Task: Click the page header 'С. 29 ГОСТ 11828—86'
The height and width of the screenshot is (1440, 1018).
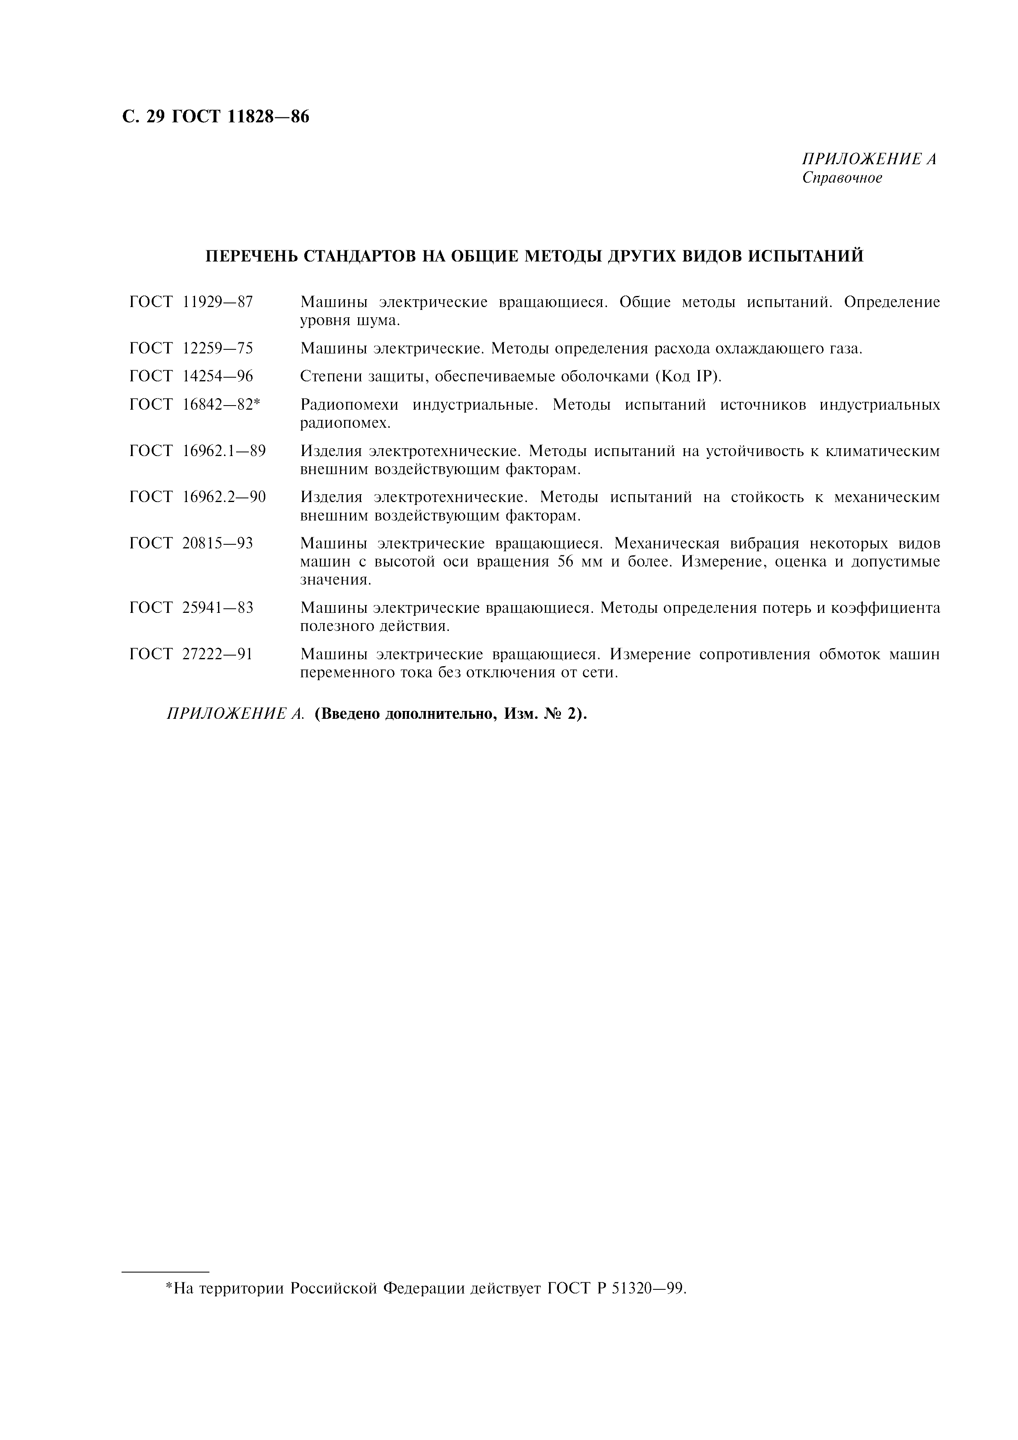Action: coord(215,117)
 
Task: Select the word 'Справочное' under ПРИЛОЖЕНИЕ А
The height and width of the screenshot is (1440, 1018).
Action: coord(842,178)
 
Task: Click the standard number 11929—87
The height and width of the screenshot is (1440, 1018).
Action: coord(218,302)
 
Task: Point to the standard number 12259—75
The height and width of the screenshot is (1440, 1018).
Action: coord(218,348)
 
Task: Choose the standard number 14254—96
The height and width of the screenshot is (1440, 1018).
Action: coord(218,376)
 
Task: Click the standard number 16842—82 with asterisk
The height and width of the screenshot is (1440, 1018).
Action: coord(221,404)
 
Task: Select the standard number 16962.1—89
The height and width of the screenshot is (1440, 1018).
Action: coord(224,451)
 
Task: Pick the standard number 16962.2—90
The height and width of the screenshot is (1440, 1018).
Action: coord(224,498)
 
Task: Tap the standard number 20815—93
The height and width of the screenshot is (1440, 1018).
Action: coord(218,543)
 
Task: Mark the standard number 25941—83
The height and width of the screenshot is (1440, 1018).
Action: coord(218,608)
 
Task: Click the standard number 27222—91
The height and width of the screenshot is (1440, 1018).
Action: coord(218,654)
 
